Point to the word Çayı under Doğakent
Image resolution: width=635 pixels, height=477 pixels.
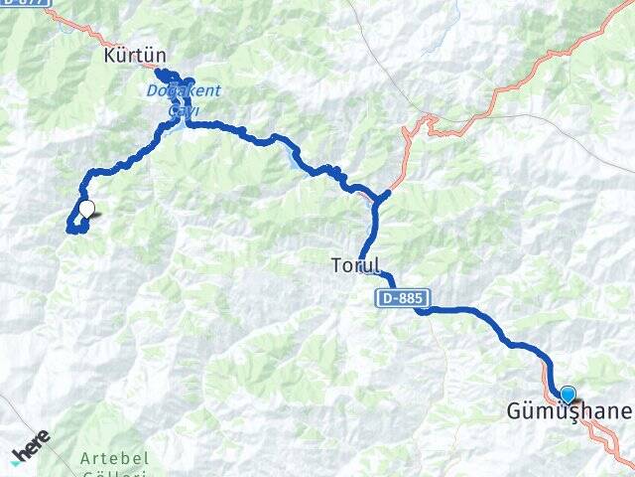[183, 109]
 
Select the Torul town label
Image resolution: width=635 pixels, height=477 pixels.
[355, 265]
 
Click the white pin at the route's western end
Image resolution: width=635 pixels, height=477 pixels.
[87, 210]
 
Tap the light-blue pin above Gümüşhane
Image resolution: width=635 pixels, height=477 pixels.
[568, 395]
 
